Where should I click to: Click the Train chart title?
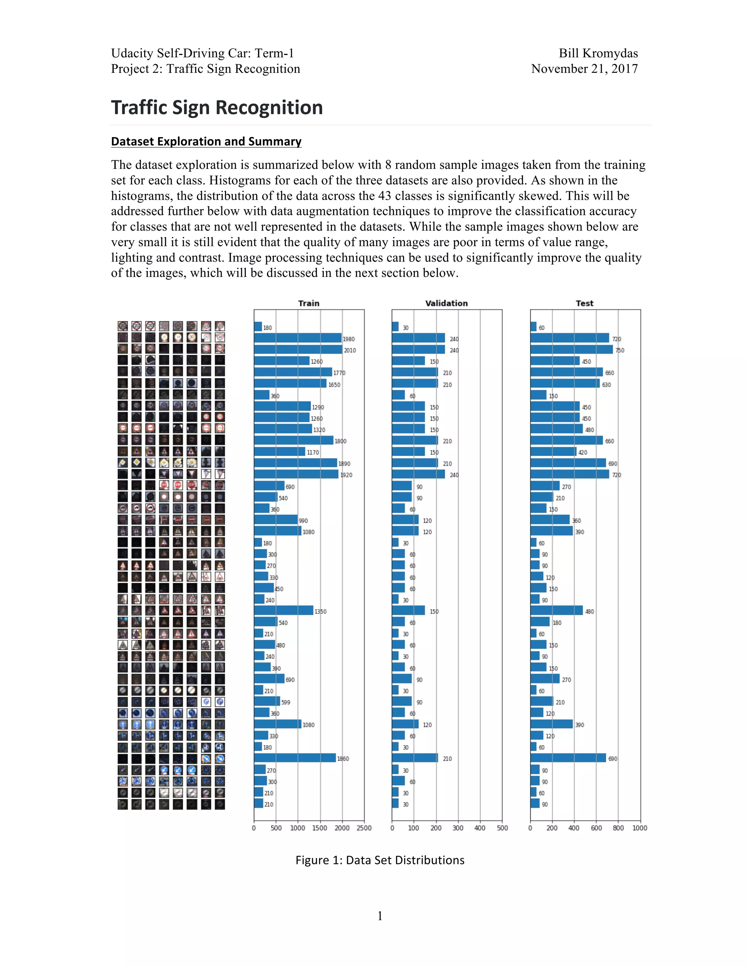[309, 303]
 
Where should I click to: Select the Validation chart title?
[446, 303]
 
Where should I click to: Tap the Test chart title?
[584, 303]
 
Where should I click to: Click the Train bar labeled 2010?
[298, 350]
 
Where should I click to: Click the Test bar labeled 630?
[565, 383]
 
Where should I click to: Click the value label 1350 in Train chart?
[320, 611]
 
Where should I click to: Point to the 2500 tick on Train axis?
[364, 827]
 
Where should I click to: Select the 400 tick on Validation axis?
[480, 827]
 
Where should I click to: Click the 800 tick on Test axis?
[618, 827]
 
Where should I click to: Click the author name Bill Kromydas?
[598, 53]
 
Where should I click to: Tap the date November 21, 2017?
[584, 69]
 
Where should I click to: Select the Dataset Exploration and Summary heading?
[206, 141]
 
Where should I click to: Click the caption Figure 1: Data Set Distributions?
[380, 860]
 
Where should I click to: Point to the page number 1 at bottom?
[380, 916]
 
